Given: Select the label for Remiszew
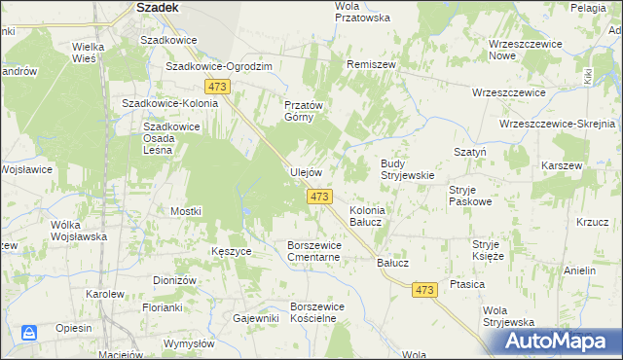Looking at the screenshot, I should tap(371, 63).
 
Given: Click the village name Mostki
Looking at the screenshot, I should tap(185, 211).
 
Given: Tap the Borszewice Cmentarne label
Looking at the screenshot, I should tap(326, 251).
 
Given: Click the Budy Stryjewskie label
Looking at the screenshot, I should tap(406, 169).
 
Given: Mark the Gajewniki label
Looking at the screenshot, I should tap(256, 318).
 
